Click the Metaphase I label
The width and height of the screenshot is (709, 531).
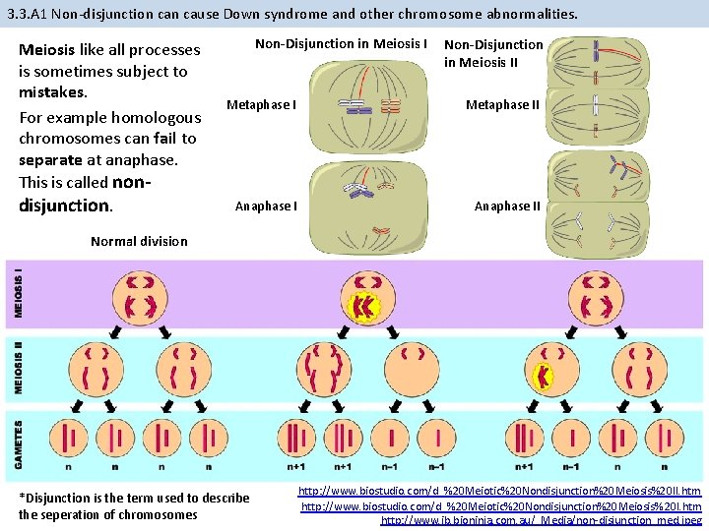tap(261, 105)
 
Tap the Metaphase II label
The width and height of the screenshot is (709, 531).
tap(502, 105)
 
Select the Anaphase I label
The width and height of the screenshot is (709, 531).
tap(265, 206)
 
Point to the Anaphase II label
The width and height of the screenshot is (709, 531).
tap(507, 206)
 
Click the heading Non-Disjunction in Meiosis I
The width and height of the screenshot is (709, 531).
tap(341, 43)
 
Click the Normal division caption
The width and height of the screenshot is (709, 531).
tap(138, 241)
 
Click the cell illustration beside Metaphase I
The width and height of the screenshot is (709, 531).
tap(367, 107)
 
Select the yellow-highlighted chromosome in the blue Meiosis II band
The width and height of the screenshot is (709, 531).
tap(541, 376)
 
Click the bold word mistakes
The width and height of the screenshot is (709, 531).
tap(53, 92)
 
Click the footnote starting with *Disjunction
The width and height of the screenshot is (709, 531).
tap(134, 505)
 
